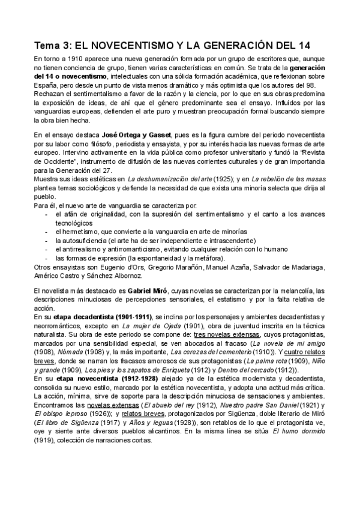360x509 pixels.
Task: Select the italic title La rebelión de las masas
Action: click(x=287, y=179)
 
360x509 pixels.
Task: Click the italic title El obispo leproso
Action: click(x=61, y=414)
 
